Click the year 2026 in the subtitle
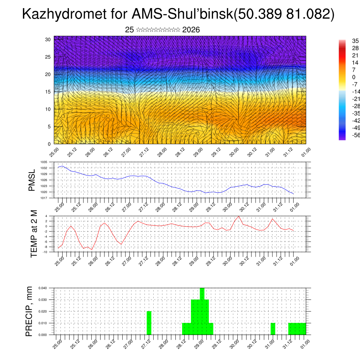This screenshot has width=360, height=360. tap(191, 30)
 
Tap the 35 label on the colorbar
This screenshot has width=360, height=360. tap(355, 41)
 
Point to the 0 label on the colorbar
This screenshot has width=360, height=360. tap(354, 77)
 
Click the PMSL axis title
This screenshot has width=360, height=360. tap(32, 180)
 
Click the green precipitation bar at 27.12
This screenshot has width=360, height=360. tap(149, 323)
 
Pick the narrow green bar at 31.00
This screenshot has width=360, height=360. tap(273, 329)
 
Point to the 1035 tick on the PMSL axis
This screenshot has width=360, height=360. tap(44, 162)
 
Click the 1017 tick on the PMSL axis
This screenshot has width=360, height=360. tap(44, 198)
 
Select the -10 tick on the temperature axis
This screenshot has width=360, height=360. tap(45, 252)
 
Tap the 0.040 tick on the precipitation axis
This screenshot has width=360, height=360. tap(43, 288)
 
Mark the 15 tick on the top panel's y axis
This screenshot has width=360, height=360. tap(48, 92)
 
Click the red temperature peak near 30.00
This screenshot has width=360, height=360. tap(239, 216)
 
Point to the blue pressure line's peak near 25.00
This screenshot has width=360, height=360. tap(63, 166)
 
